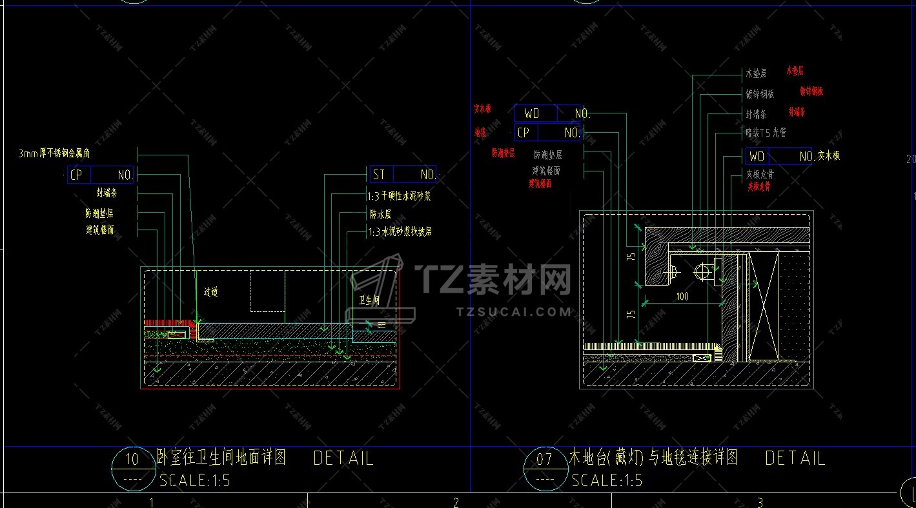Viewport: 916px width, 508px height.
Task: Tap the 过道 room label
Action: (211, 292)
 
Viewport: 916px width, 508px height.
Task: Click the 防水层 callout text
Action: (380, 214)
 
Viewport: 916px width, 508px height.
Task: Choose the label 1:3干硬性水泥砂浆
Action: (399, 196)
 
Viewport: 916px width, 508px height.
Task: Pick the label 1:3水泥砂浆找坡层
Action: (400, 231)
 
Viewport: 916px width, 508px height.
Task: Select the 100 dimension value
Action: (682, 297)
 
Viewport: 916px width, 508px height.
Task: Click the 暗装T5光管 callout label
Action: (766, 133)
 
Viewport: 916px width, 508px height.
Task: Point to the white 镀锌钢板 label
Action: (760, 94)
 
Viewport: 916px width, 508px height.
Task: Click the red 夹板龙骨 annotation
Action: (758, 187)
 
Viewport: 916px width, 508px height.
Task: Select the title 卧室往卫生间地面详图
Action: (222, 458)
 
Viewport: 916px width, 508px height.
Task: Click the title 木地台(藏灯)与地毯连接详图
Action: (653, 458)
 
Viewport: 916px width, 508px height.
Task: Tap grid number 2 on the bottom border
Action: (456, 502)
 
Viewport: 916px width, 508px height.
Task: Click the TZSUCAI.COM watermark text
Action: (514, 312)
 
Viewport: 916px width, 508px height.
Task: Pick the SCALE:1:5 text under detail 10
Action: (194, 480)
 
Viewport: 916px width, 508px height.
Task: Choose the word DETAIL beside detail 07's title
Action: (795, 458)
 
